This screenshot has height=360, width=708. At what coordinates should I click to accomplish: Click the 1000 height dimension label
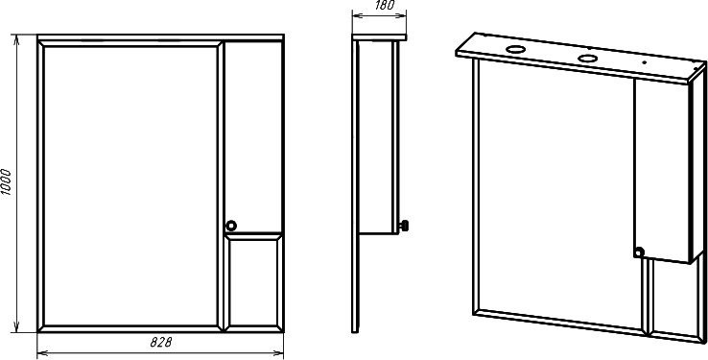click(6, 181)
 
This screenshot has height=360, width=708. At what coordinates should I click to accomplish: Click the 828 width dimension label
click(161, 343)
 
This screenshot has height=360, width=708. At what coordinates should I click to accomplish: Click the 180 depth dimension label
click(385, 5)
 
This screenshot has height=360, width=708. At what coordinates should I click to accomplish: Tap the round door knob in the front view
click(231, 225)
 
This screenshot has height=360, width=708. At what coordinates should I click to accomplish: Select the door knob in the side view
click(404, 226)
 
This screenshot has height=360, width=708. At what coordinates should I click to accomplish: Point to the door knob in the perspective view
click(639, 252)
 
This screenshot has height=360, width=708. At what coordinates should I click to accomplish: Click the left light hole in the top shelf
click(515, 49)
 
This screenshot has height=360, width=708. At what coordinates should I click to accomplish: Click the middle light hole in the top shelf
click(587, 59)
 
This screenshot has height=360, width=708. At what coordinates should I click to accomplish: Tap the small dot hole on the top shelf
click(645, 63)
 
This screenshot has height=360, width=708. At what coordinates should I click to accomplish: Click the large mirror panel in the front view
click(130, 185)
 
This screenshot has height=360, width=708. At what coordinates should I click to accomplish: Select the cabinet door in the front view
click(252, 137)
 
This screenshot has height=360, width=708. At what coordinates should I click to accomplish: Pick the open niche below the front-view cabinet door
click(252, 282)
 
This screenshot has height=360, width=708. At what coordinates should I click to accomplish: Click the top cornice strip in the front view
click(160, 37)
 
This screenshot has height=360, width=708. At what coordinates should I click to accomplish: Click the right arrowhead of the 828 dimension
click(278, 352)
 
